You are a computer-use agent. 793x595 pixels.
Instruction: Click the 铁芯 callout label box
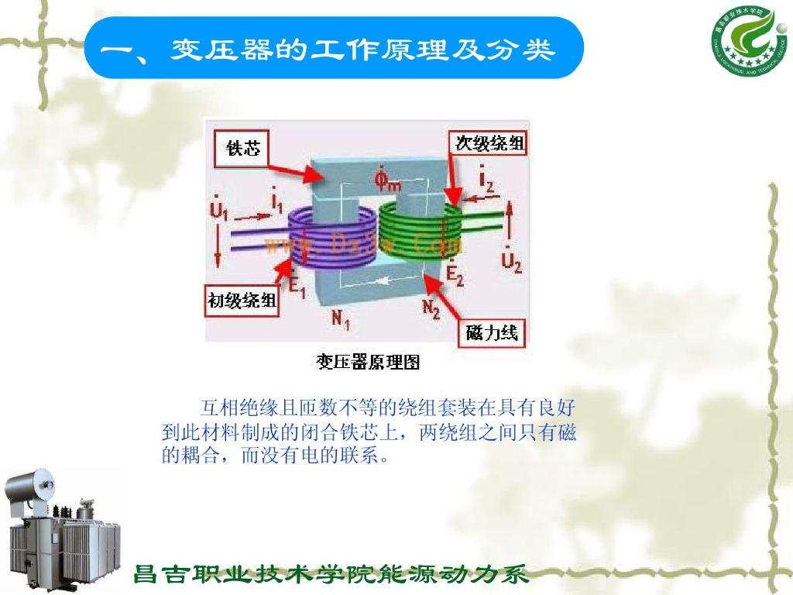coord(243,148)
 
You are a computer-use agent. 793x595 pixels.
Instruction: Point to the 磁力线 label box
coord(493,333)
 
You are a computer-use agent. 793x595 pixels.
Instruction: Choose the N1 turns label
coord(341,320)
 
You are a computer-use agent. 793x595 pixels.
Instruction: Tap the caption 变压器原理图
coord(368,361)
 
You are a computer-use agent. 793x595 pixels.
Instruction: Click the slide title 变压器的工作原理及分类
coord(333,50)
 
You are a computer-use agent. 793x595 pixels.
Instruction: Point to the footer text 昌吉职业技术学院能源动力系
coord(331,575)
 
